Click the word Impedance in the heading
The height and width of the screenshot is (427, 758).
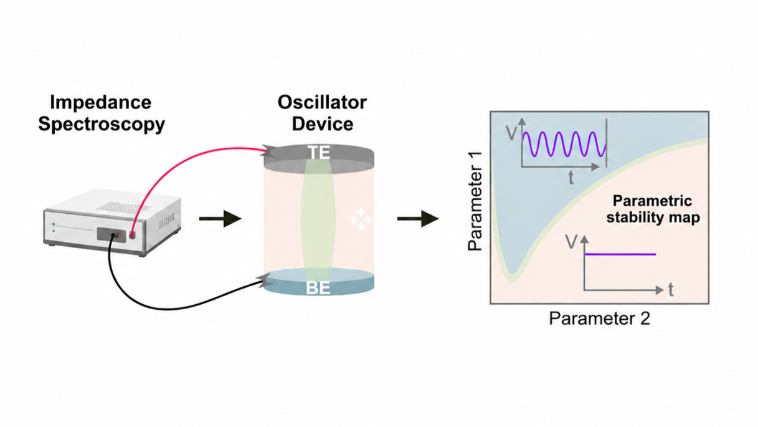click(x=100, y=102)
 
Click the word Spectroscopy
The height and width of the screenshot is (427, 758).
click(x=102, y=124)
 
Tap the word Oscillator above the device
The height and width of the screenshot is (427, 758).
click(x=322, y=102)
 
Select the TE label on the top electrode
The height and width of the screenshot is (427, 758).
click(x=318, y=152)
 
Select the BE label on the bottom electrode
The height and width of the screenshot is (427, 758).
click(x=318, y=288)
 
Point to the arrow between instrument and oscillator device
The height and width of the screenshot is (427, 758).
click(x=220, y=219)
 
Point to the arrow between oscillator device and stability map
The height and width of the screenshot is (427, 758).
click(x=419, y=219)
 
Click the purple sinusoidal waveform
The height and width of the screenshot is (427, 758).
click(x=564, y=144)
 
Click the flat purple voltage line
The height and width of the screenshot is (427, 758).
click(x=620, y=254)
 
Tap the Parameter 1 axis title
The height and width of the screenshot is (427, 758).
click(x=475, y=201)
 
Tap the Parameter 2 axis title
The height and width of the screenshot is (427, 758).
click(x=599, y=319)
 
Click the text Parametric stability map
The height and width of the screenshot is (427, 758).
click(x=653, y=209)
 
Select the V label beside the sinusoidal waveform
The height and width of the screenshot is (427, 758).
click(x=511, y=133)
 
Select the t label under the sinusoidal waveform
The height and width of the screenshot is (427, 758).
click(x=571, y=177)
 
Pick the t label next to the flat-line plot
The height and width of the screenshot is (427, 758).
click(x=671, y=290)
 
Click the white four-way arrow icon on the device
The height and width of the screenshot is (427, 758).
click(x=361, y=219)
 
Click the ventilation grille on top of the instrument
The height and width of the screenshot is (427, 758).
click(x=123, y=206)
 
